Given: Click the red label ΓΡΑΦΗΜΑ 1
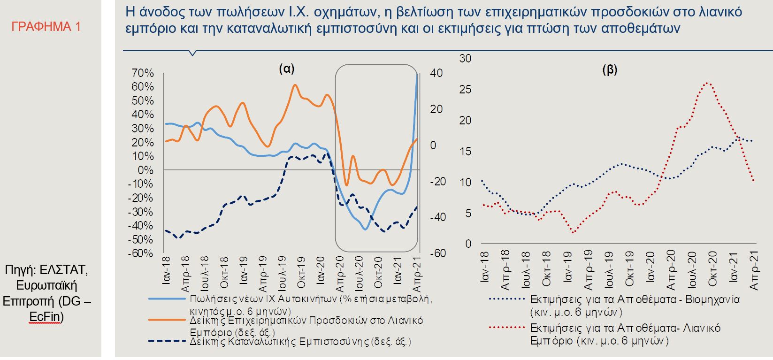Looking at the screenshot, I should pos(46,27).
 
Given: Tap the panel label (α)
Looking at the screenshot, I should pos(286,69).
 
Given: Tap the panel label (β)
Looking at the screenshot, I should pos(609,70).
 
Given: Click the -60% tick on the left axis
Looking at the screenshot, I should pos(141,253).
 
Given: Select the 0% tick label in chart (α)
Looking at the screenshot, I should pos(146,170).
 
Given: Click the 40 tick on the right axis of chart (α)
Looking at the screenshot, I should pos(436,73).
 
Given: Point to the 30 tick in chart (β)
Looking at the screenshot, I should pos(465,59).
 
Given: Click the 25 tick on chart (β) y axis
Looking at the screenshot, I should pos(465,90).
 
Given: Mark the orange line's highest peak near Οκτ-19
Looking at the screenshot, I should pos(295,85).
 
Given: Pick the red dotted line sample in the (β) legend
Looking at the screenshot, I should pos(505,328).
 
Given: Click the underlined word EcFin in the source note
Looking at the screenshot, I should pos(46,318).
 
